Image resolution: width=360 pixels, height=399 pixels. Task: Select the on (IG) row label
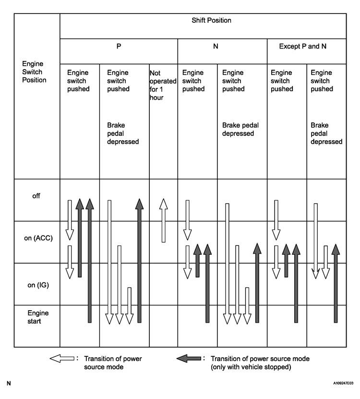[x=36, y=284]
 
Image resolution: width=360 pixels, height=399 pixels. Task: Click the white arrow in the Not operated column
[x=164, y=221]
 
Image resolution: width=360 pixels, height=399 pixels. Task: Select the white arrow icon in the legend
[x=62, y=359]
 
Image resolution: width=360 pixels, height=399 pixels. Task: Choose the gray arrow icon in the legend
[x=189, y=359]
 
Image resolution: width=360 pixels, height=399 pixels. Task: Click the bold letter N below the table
[x=9, y=384]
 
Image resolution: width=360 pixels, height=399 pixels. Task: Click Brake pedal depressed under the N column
[x=240, y=129]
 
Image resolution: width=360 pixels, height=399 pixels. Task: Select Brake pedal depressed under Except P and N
[x=326, y=133]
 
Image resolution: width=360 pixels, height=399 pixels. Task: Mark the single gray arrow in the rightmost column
[x=336, y=283]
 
